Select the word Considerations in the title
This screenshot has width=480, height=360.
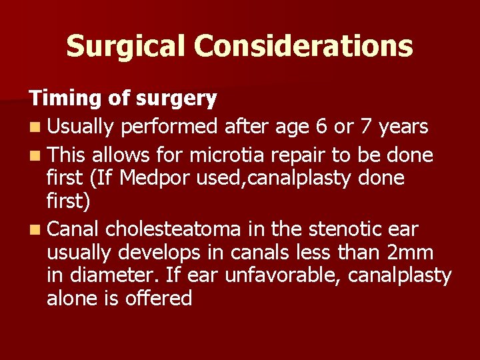303,46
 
